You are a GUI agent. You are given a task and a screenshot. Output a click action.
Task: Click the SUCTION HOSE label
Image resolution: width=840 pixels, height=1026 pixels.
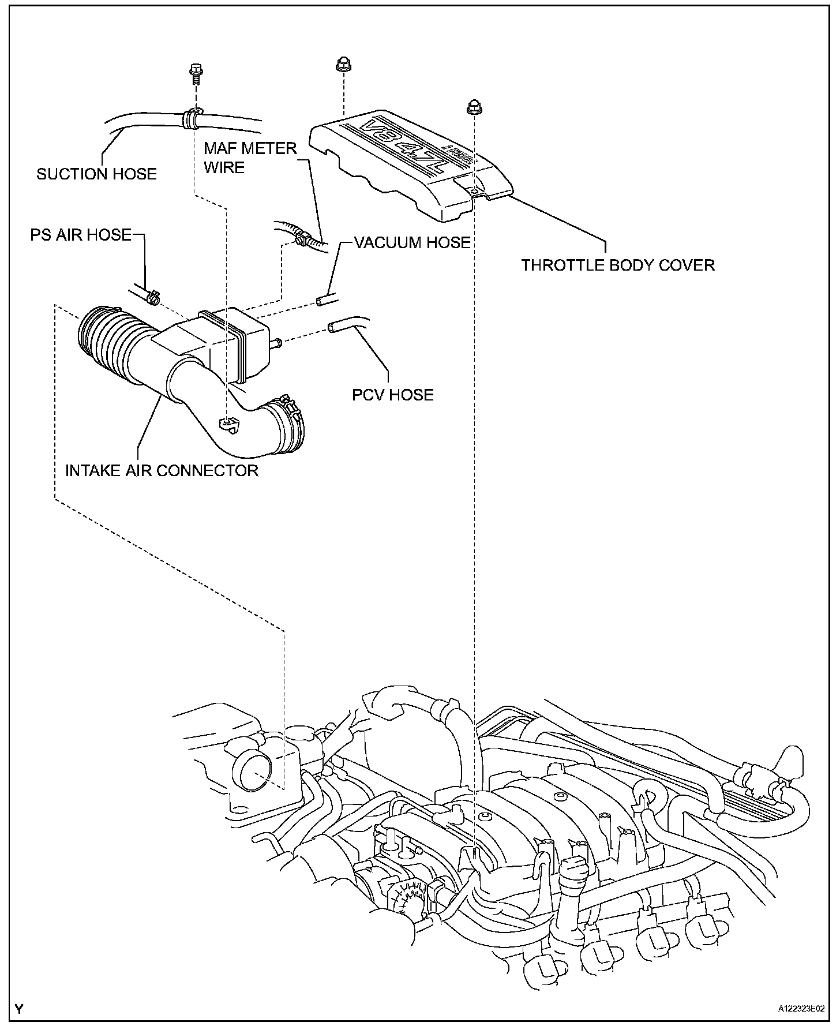(96, 174)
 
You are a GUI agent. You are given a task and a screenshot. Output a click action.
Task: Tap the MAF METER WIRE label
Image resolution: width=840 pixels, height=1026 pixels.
(250, 158)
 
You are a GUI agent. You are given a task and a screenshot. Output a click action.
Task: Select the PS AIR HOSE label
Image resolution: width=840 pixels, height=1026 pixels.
(81, 235)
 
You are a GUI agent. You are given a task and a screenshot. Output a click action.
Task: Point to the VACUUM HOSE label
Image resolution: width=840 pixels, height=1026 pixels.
(412, 242)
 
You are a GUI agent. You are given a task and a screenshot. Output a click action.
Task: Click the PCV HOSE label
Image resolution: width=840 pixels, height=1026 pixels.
(392, 395)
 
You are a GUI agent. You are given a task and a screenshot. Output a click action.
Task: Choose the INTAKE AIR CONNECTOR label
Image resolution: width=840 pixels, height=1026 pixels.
(162, 470)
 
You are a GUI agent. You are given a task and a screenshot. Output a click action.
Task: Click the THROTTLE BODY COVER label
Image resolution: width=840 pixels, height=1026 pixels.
(618, 265)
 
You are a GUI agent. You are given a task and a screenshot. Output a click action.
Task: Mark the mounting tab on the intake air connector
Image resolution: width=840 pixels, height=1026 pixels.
(229, 425)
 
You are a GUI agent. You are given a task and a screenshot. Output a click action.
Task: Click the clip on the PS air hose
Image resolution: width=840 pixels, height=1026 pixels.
(153, 298)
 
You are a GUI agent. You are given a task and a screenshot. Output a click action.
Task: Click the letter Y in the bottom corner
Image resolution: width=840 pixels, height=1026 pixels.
(20, 1009)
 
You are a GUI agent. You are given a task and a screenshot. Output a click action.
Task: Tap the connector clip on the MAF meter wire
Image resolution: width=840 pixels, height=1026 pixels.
(300, 238)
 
